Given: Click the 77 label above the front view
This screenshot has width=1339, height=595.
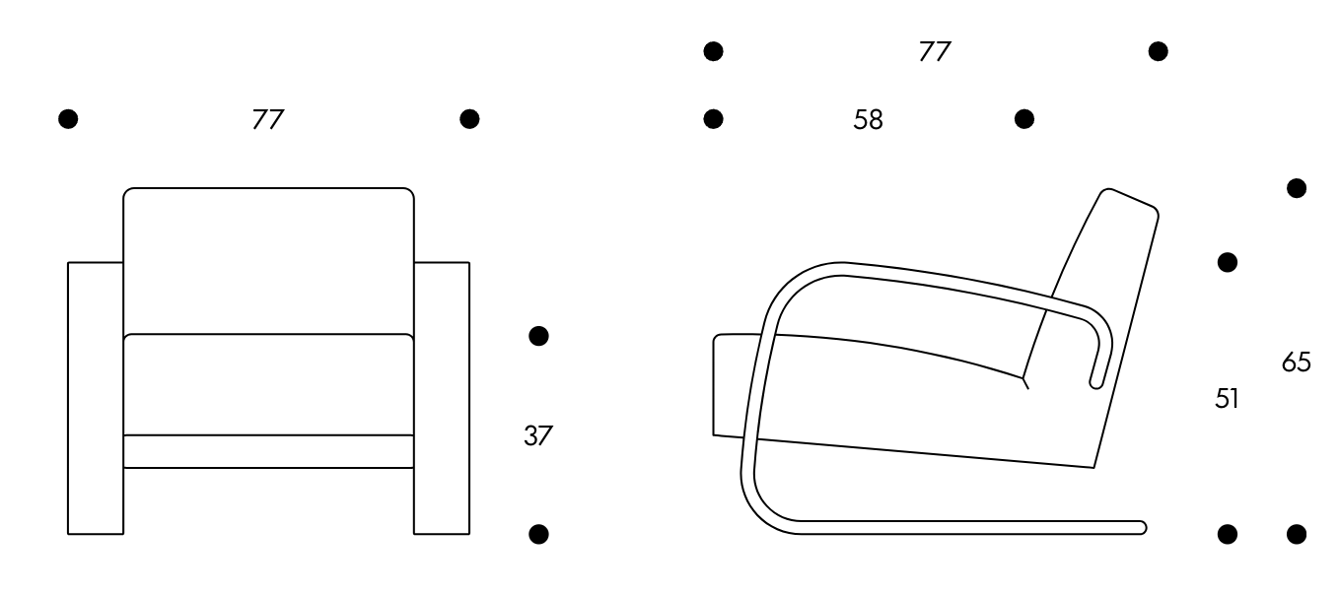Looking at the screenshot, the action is [268, 119].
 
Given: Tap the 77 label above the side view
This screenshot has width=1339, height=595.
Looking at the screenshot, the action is [935, 51].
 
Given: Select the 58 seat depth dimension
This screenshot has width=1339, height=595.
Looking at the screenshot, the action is [868, 119].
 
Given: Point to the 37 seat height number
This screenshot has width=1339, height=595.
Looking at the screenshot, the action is [538, 435].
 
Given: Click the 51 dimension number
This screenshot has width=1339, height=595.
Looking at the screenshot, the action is [1227, 398].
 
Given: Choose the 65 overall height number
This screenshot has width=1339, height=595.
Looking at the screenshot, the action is [1296, 362].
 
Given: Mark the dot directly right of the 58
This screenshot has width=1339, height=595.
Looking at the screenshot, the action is [1024, 119].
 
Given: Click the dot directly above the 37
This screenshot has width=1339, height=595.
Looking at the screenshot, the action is [538, 336].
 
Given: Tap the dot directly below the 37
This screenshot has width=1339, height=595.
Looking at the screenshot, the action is [538, 534].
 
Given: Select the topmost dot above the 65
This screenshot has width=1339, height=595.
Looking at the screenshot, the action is [1296, 188].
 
